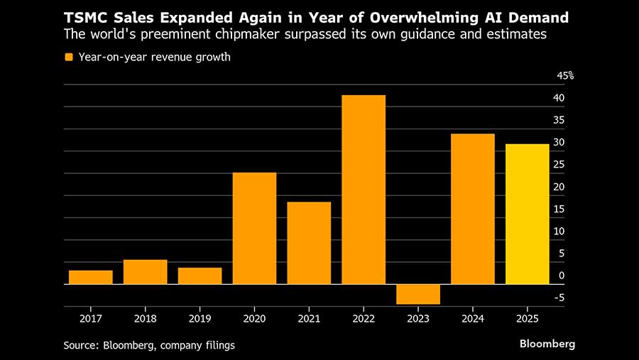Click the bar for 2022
(x=364, y=190)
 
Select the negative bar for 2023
(x=418, y=294)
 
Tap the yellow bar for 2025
(x=527, y=214)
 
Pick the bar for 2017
(x=91, y=277)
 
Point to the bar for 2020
(x=255, y=228)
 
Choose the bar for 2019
(x=200, y=276)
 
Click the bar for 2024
(x=472, y=209)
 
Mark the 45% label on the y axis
(x=565, y=76)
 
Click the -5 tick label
(x=559, y=298)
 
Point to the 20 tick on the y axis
(x=559, y=187)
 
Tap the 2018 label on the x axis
(x=145, y=319)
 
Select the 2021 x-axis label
(x=309, y=319)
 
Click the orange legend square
(x=69, y=58)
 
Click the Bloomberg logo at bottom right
(x=547, y=344)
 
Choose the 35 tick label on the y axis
(x=559, y=120)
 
